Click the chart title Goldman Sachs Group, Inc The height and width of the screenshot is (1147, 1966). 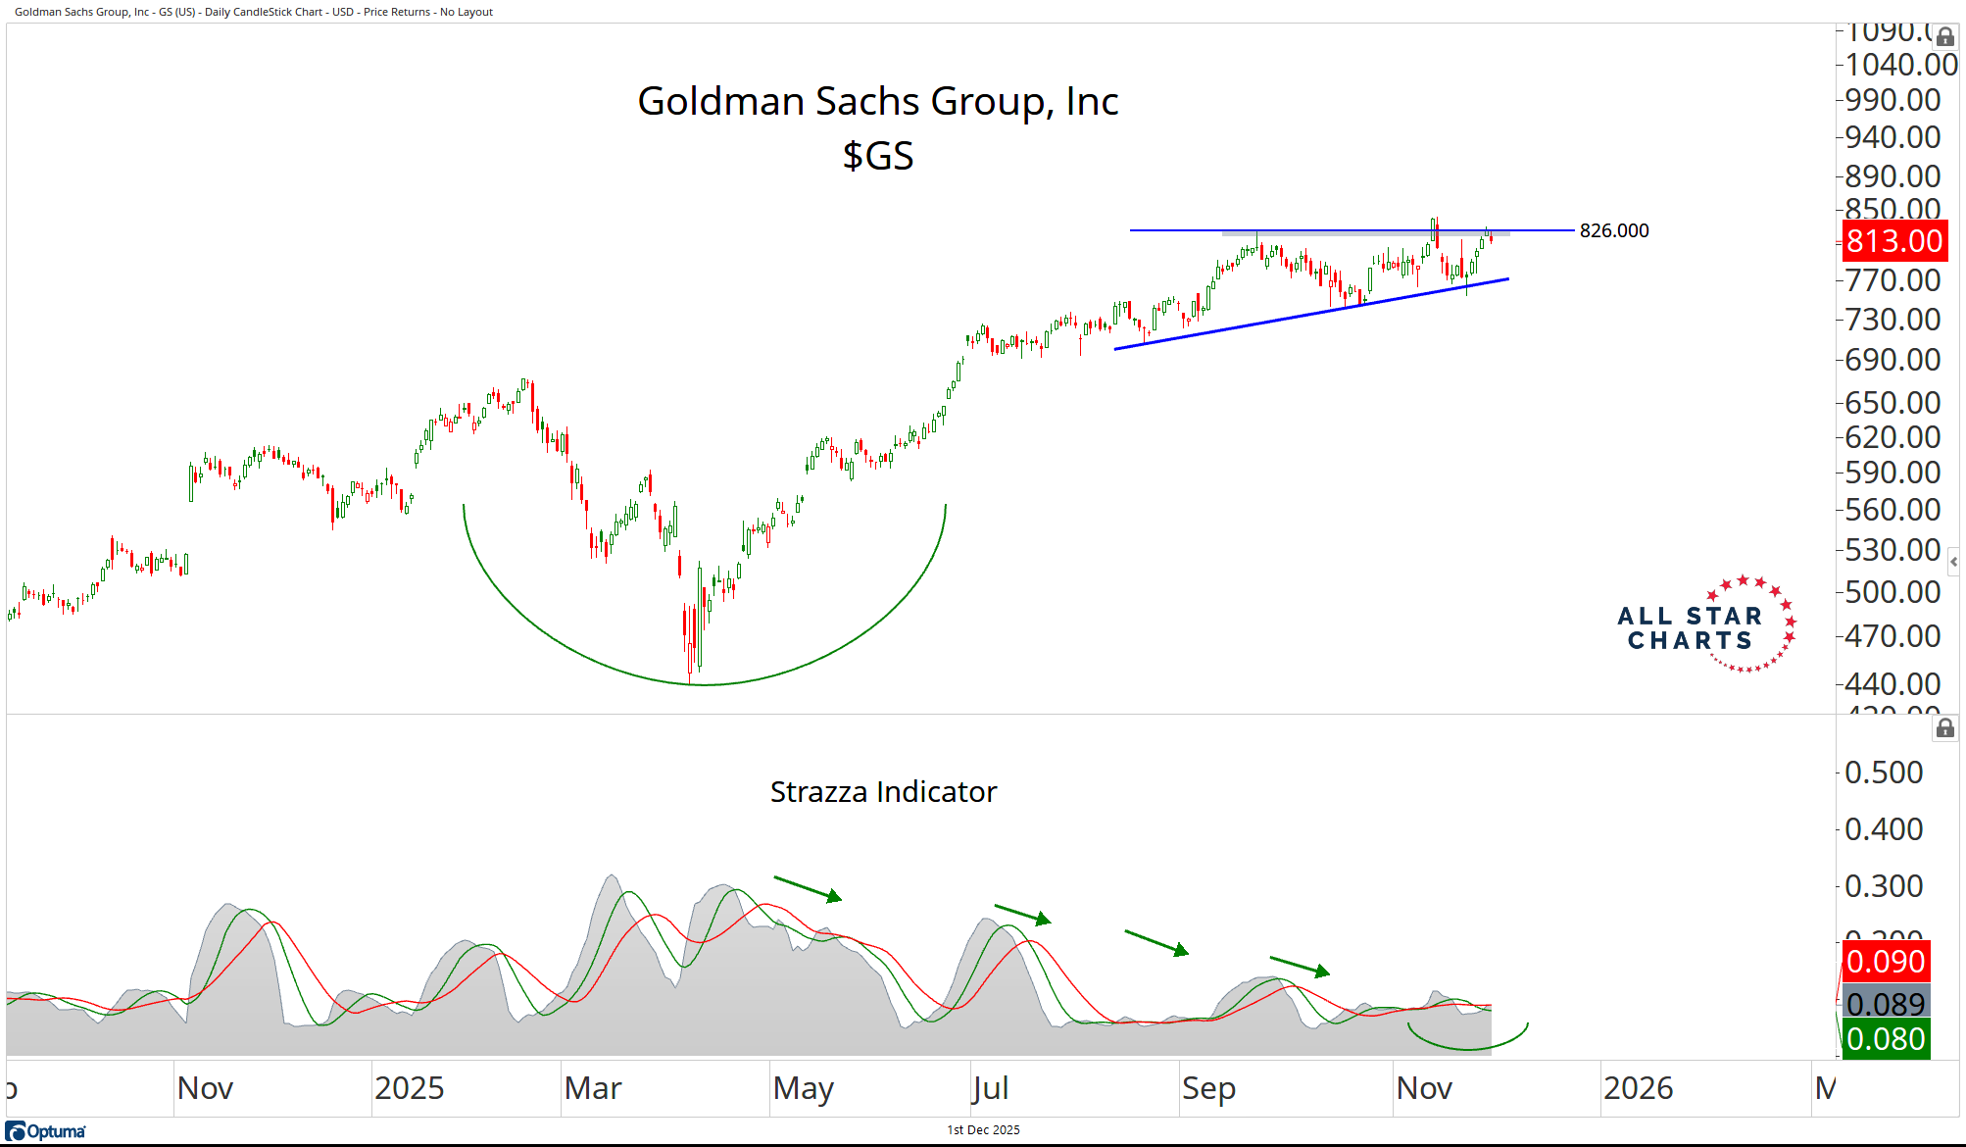click(877, 101)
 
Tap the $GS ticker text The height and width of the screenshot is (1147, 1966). click(878, 156)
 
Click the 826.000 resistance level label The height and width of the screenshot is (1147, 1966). click(1613, 230)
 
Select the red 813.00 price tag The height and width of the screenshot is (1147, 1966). click(1893, 241)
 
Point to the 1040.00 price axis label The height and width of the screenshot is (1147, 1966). click(1900, 65)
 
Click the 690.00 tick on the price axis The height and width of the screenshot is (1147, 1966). click(1892, 360)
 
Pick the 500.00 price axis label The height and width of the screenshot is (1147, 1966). click(1892, 592)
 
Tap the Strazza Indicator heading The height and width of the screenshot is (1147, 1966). click(883, 792)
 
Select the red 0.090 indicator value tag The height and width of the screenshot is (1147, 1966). click(1886, 962)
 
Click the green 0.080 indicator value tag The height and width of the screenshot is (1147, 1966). click(1886, 1039)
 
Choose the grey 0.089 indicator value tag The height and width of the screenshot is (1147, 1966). click(1886, 1004)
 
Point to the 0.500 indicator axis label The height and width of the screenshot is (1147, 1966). click(1884, 773)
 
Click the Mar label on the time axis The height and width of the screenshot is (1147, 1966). click(593, 1088)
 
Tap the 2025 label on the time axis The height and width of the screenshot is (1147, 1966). click(409, 1088)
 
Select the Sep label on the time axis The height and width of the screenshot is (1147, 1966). click(1208, 1088)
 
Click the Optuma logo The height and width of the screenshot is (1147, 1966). click(46, 1131)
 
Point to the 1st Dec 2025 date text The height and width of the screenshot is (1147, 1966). click(983, 1130)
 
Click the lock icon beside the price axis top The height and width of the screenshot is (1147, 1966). click(1945, 37)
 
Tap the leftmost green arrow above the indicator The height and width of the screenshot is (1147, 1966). click(808, 888)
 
